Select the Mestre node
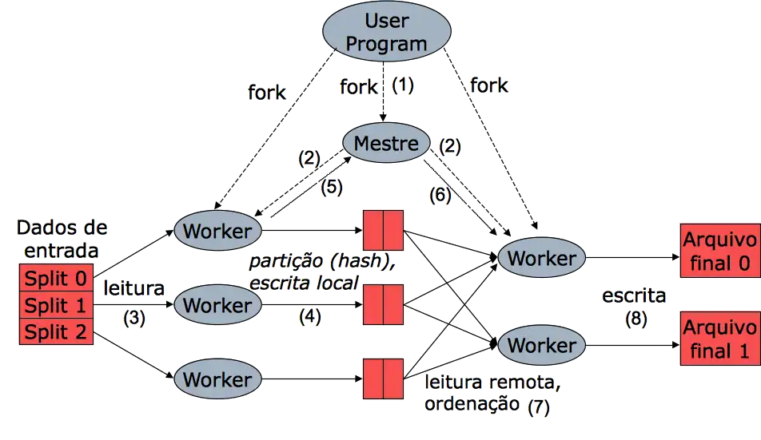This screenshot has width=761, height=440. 386,144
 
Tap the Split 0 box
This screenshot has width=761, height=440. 56,279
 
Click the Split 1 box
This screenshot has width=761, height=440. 56,305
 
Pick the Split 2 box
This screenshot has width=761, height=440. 56,331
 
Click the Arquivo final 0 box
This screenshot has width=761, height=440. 719,252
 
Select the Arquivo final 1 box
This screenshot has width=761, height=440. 719,339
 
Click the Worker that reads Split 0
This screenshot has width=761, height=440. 217,231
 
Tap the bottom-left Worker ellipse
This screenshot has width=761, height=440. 217,379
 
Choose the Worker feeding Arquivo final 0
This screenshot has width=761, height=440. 541,258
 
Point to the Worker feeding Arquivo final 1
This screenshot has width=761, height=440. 541,345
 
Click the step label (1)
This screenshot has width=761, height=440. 402,85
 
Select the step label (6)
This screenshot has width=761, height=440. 440,194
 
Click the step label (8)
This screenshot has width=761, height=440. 635,318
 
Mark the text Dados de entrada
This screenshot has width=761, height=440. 61,239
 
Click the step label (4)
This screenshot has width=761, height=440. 310,315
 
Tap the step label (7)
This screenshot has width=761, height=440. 539,405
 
